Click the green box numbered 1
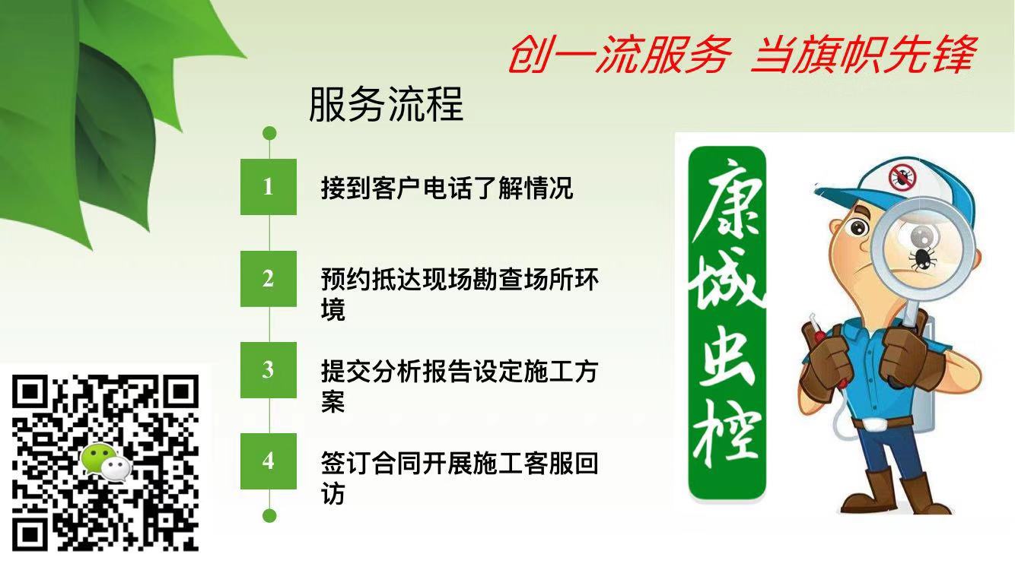click(x=269, y=186)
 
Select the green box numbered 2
click(x=269, y=278)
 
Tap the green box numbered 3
click(x=269, y=370)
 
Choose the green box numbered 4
click(x=269, y=461)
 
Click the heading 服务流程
click(x=386, y=105)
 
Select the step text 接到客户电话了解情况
click(x=447, y=188)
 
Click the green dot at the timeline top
click(x=269, y=133)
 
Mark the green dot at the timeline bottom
click(x=269, y=516)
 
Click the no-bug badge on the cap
click(x=902, y=178)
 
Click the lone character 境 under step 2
click(x=333, y=309)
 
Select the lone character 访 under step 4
click(x=333, y=493)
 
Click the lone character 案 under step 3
click(x=333, y=401)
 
